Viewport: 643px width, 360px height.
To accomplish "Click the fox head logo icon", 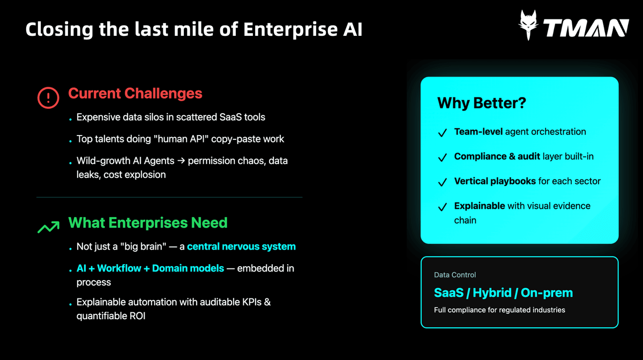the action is click(528, 25).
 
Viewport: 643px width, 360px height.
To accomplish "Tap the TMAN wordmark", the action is click(586, 28).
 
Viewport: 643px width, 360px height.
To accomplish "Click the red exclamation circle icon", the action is click(48, 97).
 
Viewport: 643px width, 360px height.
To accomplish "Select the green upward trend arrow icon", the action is click(49, 227).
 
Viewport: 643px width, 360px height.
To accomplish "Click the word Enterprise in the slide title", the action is click(290, 29).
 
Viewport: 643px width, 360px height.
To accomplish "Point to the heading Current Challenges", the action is click(135, 93).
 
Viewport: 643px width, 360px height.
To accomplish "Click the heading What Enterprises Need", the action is click(148, 222).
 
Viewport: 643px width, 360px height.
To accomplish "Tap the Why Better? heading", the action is click(481, 103).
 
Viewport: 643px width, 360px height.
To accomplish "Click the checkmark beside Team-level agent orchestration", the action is click(443, 133).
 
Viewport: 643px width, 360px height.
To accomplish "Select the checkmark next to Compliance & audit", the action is click(443, 157).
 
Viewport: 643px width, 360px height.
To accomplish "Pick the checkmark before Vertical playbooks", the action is click(443, 182).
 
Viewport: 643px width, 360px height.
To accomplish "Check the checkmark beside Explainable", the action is click(443, 207).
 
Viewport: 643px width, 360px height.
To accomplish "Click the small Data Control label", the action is click(455, 275).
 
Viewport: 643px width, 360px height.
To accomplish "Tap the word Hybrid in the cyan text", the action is click(492, 293).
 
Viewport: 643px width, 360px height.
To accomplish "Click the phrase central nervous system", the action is click(241, 246).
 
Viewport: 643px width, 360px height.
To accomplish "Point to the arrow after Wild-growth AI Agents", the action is click(181, 161).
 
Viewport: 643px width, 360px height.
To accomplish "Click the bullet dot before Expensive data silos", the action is click(70, 119).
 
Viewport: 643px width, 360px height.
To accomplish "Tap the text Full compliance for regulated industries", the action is click(499, 310).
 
